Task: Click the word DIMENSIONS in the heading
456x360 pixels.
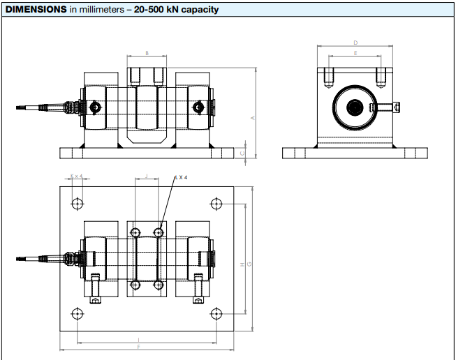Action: point(36,10)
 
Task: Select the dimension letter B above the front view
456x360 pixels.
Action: point(147,53)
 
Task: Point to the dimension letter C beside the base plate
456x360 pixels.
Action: point(242,153)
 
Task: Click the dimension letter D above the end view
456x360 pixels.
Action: point(355,43)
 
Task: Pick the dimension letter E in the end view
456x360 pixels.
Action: point(355,53)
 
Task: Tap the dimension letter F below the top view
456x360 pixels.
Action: point(139,347)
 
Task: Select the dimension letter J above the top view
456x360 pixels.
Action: point(146,177)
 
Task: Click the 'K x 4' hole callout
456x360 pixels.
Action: point(77,177)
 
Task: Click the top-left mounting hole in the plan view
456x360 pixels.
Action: point(78,204)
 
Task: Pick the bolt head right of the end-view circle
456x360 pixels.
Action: point(397,107)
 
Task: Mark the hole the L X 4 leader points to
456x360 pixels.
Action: point(159,231)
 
